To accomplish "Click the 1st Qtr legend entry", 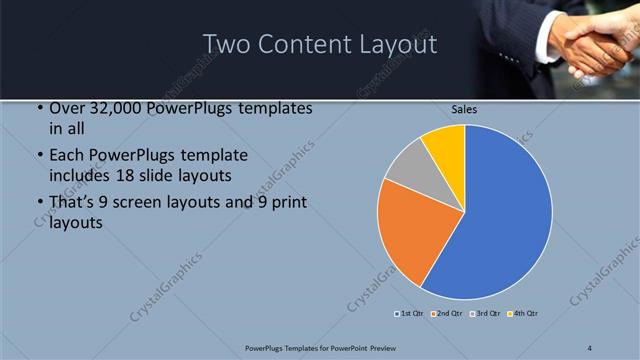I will [410, 314].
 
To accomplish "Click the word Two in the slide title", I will [228, 44].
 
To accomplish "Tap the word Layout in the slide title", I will [398, 44].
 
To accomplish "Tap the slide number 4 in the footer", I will [590, 347].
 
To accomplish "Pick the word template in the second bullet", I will [213, 155].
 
